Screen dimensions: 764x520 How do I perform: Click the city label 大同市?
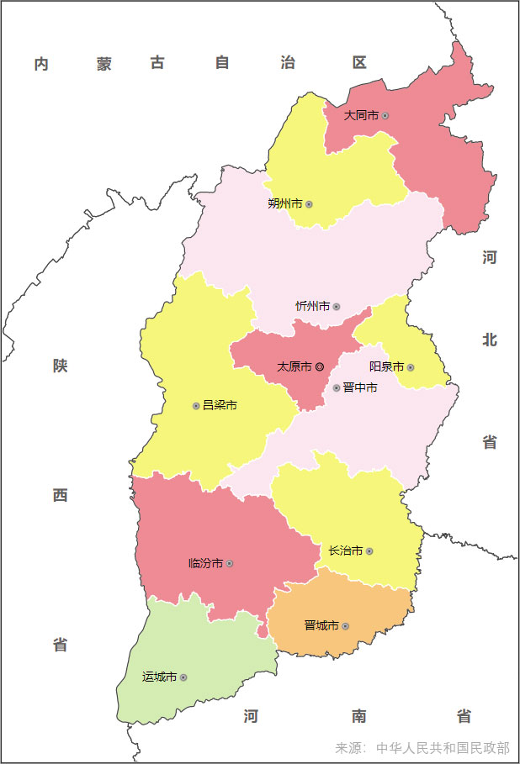click(x=361, y=115)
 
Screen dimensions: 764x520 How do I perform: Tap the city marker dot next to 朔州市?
click(x=309, y=204)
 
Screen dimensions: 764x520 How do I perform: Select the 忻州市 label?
click(x=312, y=307)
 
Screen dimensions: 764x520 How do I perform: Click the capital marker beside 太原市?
click(x=320, y=367)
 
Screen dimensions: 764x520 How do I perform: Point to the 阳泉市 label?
click(x=386, y=367)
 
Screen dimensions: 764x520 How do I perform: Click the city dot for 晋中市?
click(x=337, y=388)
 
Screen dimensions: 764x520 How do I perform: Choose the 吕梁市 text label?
click(x=220, y=405)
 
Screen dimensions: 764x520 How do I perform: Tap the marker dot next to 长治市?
click(x=369, y=551)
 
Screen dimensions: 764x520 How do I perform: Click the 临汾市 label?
click(x=205, y=563)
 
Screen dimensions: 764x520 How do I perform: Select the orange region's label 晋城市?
click(x=321, y=626)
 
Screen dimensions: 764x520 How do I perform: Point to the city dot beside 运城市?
click(x=183, y=677)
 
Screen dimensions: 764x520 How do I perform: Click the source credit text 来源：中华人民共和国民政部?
click(x=422, y=748)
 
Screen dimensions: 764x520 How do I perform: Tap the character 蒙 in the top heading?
click(x=103, y=64)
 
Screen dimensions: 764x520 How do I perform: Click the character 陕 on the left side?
click(x=60, y=366)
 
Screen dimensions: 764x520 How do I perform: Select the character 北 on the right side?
click(x=490, y=340)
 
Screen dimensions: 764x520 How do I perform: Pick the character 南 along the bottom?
click(x=359, y=717)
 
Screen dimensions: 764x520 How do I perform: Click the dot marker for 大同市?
click(x=385, y=115)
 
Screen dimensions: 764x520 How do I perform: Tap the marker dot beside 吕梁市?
click(x=196, y=405)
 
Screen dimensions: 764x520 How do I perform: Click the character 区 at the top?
click(x=359, y=63)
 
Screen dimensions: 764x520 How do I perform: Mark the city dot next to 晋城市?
click(x=345, y=626)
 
